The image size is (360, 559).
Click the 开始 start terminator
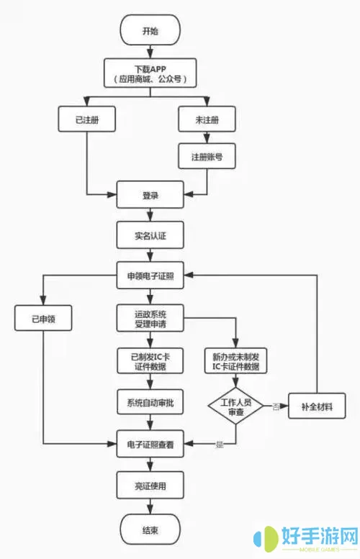pos(150,32)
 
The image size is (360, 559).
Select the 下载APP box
pos(150,74)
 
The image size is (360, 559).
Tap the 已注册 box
pos(87,119)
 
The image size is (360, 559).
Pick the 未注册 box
pos(207,119)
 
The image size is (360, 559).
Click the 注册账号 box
pos(207,155)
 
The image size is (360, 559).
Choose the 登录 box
pos(150,195)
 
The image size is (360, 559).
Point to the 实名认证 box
pos(150,234)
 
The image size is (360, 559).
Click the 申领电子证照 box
pos(150,274)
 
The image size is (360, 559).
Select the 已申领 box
pos(43,318)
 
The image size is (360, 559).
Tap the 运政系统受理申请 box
pos(150,318)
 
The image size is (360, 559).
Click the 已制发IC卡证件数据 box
pos(150,360)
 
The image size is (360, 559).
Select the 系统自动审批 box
pos(150,401)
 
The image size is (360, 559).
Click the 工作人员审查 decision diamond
pos(236,406)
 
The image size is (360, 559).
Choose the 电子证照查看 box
pos(150,445)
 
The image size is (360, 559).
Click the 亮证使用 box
pos(150,486)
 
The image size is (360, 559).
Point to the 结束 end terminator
pos(150,531)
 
